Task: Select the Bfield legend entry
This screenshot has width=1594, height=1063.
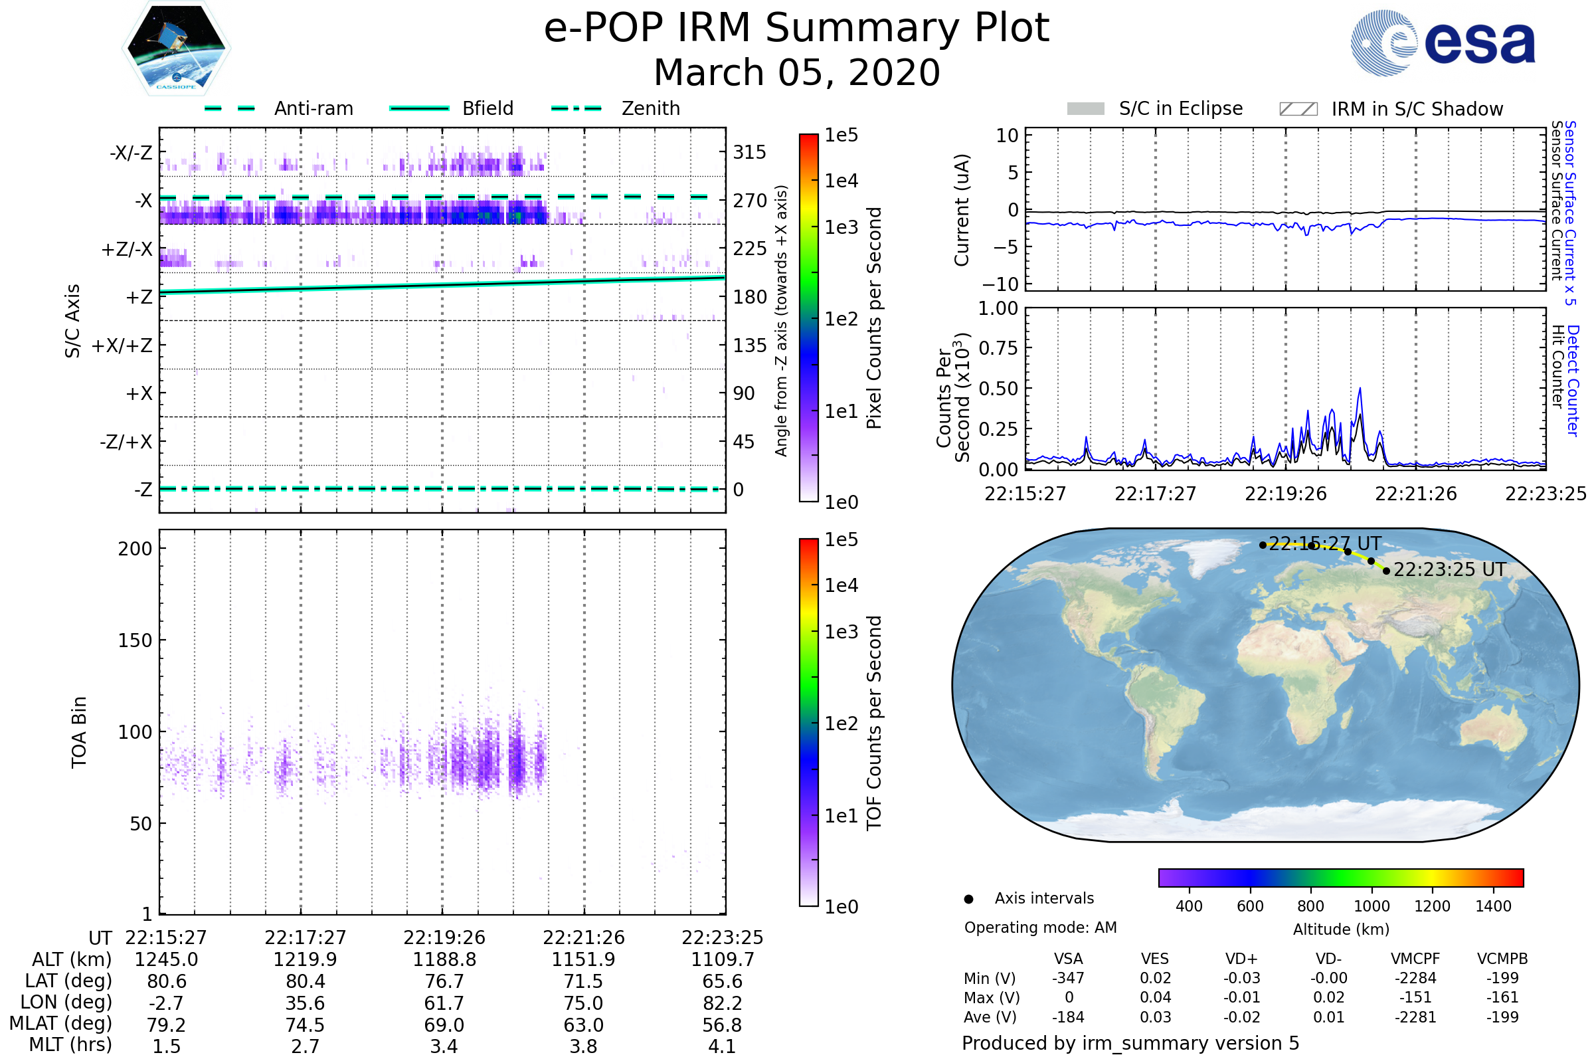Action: (487, 108)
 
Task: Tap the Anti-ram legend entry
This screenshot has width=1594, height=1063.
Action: (313, 108)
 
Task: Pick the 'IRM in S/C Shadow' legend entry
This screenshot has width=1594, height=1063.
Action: (1417, 109)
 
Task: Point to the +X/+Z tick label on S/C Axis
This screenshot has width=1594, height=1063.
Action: (122, 345)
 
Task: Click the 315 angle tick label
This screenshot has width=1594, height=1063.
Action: (749, 152)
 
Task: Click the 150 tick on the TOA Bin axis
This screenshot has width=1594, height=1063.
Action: (135, 640)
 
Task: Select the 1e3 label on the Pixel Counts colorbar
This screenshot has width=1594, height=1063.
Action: (841, 227)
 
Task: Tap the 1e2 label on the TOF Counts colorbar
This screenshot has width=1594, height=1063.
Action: (841, 724)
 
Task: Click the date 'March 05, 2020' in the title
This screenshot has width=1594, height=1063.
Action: (796, 72)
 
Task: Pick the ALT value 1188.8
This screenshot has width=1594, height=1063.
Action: (444, 960)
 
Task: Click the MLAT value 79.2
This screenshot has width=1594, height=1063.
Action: (166, 1025)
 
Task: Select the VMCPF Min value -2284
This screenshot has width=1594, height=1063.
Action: (1415, 978)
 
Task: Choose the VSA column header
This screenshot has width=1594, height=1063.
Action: (1068, 959)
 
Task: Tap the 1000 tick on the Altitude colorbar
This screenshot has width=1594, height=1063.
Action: (1371, 906)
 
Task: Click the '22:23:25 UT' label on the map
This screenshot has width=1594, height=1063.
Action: (1449, 570)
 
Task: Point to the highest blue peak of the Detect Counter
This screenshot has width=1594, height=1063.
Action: (1360, 389)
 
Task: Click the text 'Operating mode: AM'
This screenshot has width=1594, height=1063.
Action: (1040, 927)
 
